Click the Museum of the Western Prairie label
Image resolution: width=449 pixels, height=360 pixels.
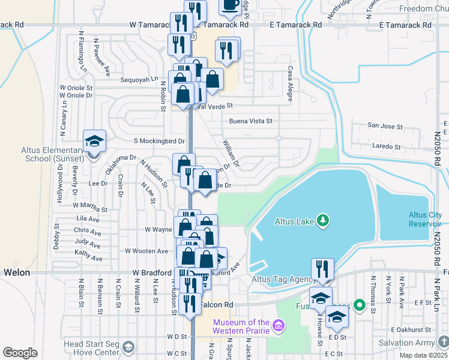(240, 327)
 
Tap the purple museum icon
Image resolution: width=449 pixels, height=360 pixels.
(277, 327)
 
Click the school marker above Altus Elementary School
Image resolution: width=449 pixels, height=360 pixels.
(95, 140)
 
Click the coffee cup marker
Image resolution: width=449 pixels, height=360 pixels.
(230, 5)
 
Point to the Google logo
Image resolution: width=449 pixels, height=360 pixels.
(20, 353)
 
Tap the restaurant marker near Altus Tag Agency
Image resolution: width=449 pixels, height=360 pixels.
(323, 269)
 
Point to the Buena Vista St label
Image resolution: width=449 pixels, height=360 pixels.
(250, 121)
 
